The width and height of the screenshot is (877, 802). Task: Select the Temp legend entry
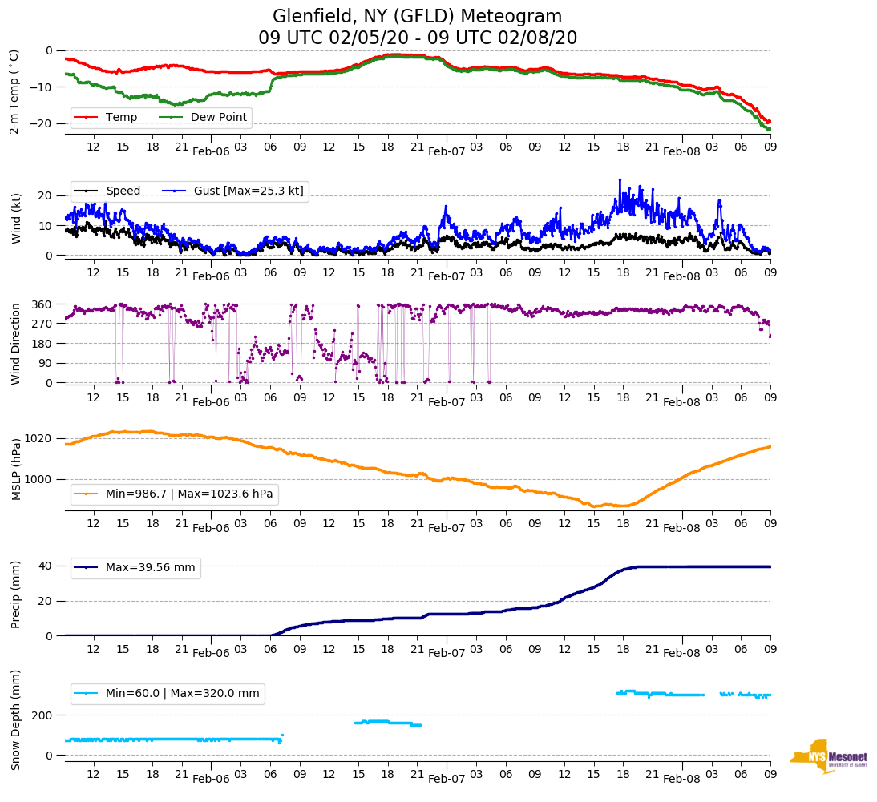coord(116,118)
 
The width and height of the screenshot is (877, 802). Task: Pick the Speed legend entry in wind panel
coord(123,191)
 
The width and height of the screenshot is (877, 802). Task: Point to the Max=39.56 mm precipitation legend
coord(150,568)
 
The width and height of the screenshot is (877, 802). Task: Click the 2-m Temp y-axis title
coord(14,91)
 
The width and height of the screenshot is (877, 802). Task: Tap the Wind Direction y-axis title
coord(15,344)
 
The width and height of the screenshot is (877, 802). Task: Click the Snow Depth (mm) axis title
coord(15,719)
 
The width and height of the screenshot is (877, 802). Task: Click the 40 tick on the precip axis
coord(46,566)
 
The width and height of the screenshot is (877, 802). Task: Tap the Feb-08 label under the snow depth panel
coord(681,779)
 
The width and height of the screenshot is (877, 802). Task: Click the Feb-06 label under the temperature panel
coord(211,151)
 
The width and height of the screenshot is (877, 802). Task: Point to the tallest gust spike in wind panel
coord(620,180)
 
